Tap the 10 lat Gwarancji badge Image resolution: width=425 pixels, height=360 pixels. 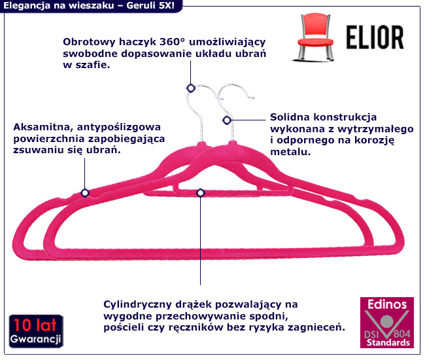pyautogui.click(x=36, y=331)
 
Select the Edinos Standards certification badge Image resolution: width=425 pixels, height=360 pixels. pyautogui.click(x=387, y=323)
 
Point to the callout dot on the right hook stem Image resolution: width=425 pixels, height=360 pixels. pyautogui.click(x=227, y=120)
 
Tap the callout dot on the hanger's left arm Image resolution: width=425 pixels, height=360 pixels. pyautogui.click(x=84, y=192)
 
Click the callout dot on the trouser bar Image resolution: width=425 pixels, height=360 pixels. pyautogui.click(x=200, y=192)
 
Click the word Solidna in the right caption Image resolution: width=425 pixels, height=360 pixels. pyautogui.click(x=289, y=118)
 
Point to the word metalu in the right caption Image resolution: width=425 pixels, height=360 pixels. pyautogui.click(x=289, y=151)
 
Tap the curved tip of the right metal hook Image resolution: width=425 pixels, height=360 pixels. pyautogui.click(x=250, y=98)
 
